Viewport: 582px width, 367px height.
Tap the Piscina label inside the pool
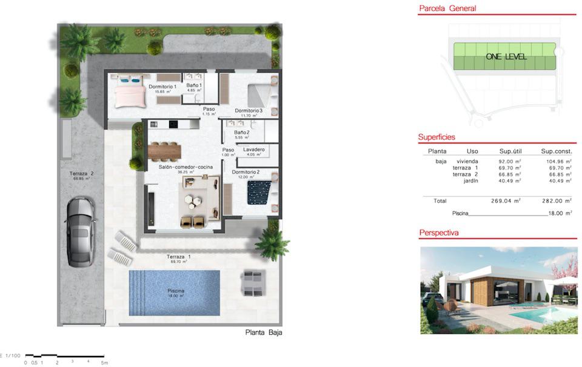(x=176, y=291)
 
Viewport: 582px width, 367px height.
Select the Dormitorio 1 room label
(x=162, y=87)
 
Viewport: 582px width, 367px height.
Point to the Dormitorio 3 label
(x=249, y=110)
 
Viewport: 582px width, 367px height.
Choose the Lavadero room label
(x=253, y=149)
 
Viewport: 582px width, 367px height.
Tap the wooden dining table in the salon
(x=170, y=149)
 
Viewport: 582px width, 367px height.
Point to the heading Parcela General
(x=447, y=8)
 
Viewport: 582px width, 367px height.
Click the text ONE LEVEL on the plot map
(x=506, y=57)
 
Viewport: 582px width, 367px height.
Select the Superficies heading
(x=436, y=137)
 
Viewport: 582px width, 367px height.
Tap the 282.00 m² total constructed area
(x=556, y=200)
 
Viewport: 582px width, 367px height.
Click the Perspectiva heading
(x=439, y=233)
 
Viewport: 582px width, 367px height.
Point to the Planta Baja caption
(x=264, y=332)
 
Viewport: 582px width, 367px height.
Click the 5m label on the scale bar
(x=104, y=363)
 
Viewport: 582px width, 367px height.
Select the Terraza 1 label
(x=179, y=257)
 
